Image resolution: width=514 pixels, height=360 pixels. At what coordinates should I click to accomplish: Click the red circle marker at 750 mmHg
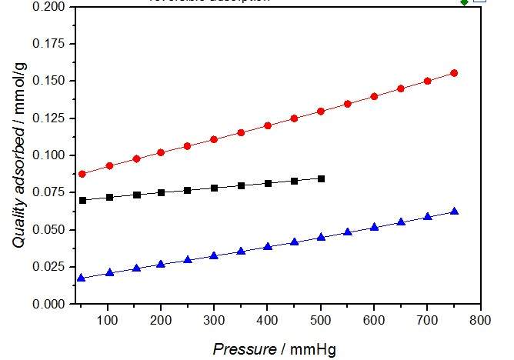click(454, 73)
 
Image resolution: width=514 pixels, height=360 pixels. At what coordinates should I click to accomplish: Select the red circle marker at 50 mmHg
click(82, 174)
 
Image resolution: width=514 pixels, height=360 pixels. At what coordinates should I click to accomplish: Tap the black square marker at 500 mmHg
click(321, 178)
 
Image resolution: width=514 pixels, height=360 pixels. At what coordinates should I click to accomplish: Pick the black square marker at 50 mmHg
click(82, 200)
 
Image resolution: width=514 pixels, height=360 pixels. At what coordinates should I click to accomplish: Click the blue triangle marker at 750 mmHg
click(454, 211)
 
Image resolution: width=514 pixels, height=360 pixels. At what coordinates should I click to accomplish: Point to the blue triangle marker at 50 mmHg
click(82, 278)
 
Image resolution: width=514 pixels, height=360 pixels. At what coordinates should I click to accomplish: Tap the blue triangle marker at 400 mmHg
click(268, 246)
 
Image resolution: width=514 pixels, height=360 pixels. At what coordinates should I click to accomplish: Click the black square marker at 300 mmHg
click(214, 188)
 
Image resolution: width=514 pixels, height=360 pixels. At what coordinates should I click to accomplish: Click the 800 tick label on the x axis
click(481, 318)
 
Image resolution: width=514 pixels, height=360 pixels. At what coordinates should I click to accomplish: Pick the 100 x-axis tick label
click(108, 318)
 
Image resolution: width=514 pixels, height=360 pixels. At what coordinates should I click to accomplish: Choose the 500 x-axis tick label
click(321, 318)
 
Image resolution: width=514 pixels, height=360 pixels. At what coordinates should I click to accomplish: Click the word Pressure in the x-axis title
click(245, 348)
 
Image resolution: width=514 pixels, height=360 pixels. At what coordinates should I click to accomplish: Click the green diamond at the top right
click(464, 2)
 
